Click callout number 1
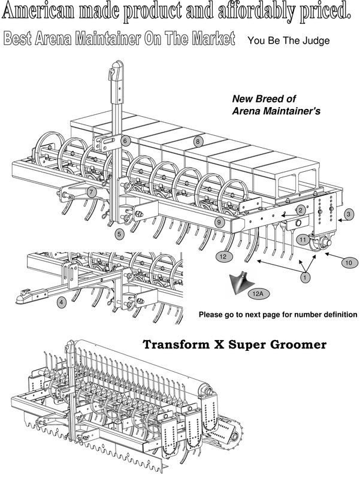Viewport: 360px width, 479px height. click(x=305, y=277)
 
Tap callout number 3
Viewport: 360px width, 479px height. click(x=349, y=214)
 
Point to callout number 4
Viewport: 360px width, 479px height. click(x=62, y=303)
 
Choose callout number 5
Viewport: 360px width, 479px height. click(x=120, y=234)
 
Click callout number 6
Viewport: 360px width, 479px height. click(x=125, y=141)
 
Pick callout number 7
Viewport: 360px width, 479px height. click(x=91, y=192)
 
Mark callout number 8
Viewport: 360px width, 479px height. click(x=197, y=141)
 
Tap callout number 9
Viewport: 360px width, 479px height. click(x=219, y=222)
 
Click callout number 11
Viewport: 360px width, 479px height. click(x=303, y=239)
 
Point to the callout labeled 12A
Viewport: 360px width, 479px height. click(x=258, y=293)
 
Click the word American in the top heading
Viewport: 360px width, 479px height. click(x=44, y=11)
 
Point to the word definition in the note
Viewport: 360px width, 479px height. click(x=334, y=314)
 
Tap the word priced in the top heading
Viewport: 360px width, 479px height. click(x=324, y=11)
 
